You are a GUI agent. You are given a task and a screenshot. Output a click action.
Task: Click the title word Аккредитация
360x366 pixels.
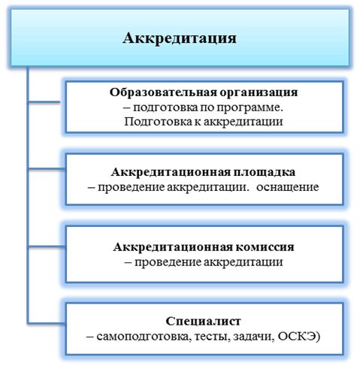[x=180, y=38]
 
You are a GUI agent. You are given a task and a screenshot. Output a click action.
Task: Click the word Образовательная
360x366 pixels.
[x=163, y=92]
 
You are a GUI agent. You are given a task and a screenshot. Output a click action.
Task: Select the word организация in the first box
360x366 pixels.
[x=259, y=93]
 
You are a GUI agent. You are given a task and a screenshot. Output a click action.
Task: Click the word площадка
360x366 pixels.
[x=265, y=173]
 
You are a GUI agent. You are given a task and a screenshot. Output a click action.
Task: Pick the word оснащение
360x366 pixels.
[x=287, y=187]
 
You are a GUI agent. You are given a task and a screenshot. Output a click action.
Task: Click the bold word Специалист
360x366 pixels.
[x=203, y=321]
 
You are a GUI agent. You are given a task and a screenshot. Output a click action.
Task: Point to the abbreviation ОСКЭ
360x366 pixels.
[x=296, y=337]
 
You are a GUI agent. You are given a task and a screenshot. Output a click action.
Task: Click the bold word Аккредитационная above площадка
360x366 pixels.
[x=171, y=172]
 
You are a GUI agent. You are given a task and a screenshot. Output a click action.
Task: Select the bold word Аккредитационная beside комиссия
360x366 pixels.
[x=173, y=247]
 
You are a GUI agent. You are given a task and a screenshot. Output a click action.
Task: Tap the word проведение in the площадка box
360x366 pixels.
[x=131, y=188]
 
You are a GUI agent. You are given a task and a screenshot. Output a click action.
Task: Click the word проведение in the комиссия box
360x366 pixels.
[x=168, y=262]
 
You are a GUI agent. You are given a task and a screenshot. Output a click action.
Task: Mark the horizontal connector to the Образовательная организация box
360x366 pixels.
[x=44, y=102]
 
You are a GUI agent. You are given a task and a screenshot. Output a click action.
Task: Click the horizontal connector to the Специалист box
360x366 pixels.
[x=47, y=323]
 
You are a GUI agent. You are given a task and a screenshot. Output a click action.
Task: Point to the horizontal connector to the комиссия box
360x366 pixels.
[x=47, y=247]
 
